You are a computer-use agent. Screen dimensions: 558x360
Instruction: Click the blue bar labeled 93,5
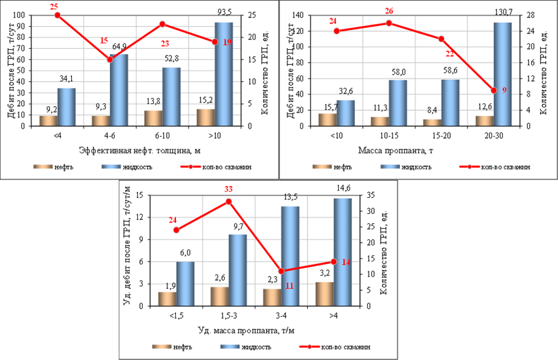click(x=224, y=75)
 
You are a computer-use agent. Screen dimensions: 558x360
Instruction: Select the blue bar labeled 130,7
click(x=503, y=75)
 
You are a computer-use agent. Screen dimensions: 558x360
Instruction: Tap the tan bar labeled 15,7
click(x=328, y=120)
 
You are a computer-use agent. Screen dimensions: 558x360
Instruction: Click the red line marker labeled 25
click(x=57, y=15)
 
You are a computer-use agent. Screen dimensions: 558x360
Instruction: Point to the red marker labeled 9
click(x=493, y=91)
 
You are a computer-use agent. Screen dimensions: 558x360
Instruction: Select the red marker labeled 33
click(x=229, y=202)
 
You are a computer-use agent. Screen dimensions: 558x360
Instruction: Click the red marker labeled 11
click(x=281, y=271)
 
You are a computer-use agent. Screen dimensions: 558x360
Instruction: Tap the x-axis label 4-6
click(x=109, y=136)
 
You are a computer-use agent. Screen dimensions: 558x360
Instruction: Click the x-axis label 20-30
click(x=493, y=136)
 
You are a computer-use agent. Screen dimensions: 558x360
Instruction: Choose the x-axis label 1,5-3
click(x=229, y=316)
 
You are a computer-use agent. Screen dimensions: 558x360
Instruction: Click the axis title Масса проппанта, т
click(x=395, y=151)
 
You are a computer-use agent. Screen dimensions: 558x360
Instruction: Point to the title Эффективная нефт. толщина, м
click(x=140, y=151)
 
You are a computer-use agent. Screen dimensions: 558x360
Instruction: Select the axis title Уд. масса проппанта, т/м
click(x=246, y=331)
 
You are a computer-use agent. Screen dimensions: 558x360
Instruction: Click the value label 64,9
click(x=119, y=47)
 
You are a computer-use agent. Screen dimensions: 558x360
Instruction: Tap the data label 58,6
click(x=450, y=71)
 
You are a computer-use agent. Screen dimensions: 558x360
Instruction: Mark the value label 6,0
click(x=185, y=253)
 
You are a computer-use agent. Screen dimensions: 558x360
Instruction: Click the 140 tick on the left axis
click(x=297, y=15)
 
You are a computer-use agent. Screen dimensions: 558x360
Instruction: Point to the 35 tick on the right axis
click(x=371, y=195)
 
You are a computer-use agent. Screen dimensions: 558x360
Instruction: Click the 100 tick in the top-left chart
click(x=19, y=15)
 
